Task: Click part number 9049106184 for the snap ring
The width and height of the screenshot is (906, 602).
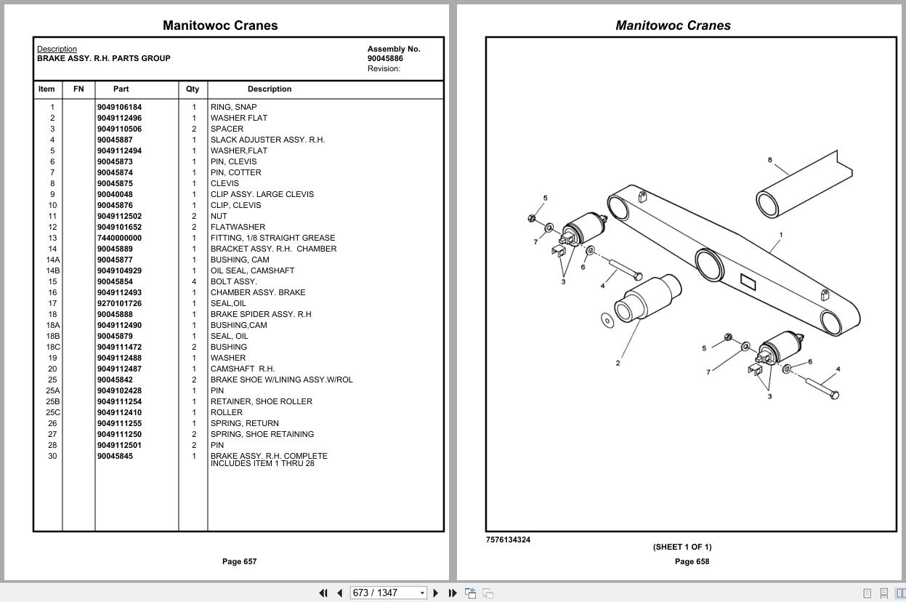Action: pyautogui.click(x=119, y=107)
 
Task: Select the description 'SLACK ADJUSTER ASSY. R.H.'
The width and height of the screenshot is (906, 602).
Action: pyautogui.click(x=267, y=140)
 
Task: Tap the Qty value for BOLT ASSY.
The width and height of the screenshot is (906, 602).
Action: pyautogui.click(x=193, y=281)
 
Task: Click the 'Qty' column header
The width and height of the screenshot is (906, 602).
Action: pyautogui.click(x=193, y=89)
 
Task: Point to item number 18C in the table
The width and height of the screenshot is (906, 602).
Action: pyautogui.click(x=52, y=347)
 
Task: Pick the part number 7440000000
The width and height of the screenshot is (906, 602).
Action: pyautogui.click(x=119, y=238)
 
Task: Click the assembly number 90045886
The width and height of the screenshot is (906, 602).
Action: pyautogui.click(x=385, y=58)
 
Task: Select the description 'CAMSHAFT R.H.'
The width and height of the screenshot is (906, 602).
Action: pyautogui.click(x=243, y=369)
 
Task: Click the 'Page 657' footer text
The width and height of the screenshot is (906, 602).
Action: pyautogui.click(x=239, y=561)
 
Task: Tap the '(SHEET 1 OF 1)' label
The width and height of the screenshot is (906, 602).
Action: pyautogui.click(x=681, y=547)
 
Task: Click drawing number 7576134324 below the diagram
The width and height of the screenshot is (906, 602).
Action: pyautogui.click(x=508, y=539)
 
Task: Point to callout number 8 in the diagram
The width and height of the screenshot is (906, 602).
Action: pyautogui.click(x=769, y=160)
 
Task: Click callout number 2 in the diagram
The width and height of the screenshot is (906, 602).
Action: pyautogui.click(x=618, y=363)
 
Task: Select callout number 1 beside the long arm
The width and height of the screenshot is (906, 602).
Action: pyautogui.click(x=780, y=235)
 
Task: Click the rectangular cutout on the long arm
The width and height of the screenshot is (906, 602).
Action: pyautogui.click(x=748, y=281)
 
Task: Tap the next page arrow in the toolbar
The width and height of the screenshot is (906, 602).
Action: pyautogui.click(x=435, y=593)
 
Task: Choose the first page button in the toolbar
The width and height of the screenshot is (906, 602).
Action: pyautogui.click(x=323, y=593)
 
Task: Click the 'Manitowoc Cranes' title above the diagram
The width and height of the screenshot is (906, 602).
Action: pyautogui.click(x=673, y=25)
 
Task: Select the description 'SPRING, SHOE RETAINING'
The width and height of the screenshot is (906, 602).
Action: pyautogui.click(x=262, y=434)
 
